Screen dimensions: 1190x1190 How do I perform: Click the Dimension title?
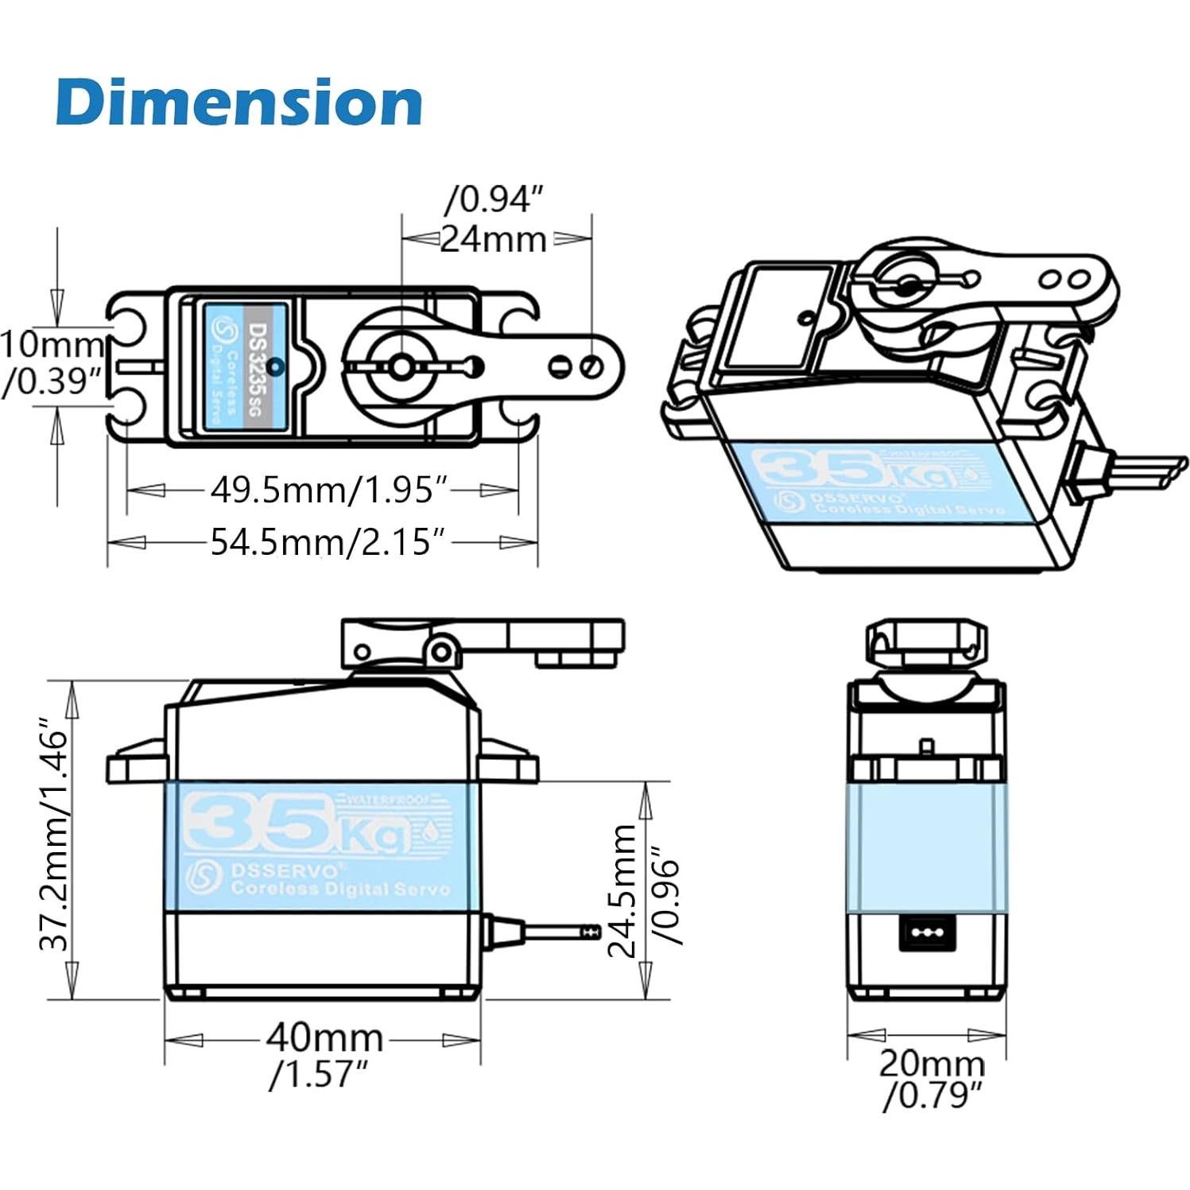(238, 102)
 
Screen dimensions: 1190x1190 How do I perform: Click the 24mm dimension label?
(494, 238)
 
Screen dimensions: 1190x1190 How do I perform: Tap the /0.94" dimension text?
(496, 199)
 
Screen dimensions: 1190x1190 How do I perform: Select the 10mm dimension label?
(51, 345)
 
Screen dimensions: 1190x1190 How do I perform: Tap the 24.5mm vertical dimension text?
(622, 890)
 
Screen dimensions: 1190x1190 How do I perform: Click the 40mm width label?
(324, 1038)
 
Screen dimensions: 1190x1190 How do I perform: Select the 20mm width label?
(931, 1063)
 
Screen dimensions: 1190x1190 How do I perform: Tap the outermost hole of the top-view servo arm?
(591, 366)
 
